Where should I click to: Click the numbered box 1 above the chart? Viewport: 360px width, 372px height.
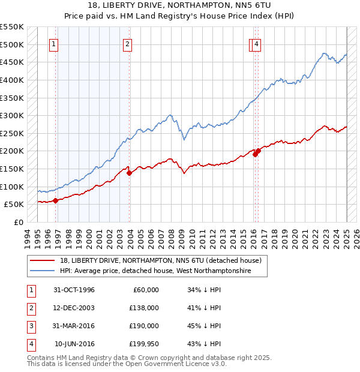click(x=54, y=43)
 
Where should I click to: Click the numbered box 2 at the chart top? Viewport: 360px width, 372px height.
click(x=128, y=43)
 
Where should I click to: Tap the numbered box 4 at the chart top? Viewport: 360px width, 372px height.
click(x=256, y=43)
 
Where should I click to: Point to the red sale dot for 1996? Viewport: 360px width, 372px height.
click(x=55, y=200)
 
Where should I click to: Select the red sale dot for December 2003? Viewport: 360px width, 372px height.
click(x=129, y=173)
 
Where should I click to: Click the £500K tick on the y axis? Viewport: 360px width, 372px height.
click(x=12, y=44)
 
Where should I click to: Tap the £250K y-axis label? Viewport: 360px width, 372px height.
click(x=12, y=133)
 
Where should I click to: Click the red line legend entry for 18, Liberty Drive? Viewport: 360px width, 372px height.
click(x=160, y=261)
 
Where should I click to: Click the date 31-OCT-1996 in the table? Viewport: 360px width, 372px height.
click(x=74, y=290)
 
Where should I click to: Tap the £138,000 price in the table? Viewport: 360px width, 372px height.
click(x=145, y=308)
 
